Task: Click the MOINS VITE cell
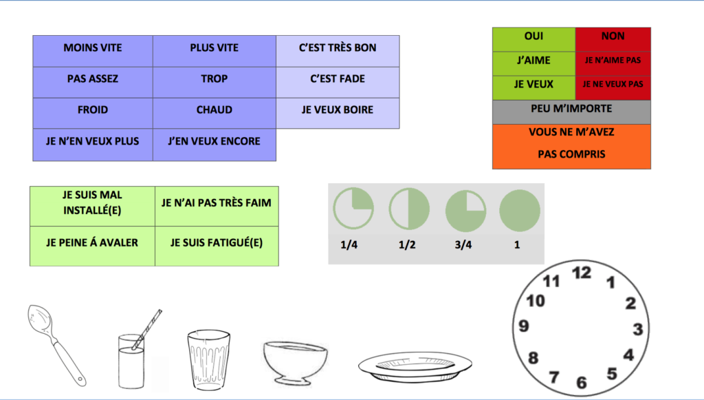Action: pyautogui.click(x=93, y=48)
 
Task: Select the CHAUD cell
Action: pyautogui.click(x=214, y=110)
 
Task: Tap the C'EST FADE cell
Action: pyautogui.click(x=338, y=79)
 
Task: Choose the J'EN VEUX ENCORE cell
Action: pyautogui.click(x=214, y=142)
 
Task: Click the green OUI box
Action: pyautogui.click(x=533, y=36)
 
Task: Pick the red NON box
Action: pyautogui.click(x=613, y=36)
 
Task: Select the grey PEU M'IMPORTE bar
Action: pyautogui.click(x=571, y=109)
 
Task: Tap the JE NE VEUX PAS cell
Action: pyautogui.click(x=613, y=84)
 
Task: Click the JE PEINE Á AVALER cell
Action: pyautogui.click(x=92, y=243)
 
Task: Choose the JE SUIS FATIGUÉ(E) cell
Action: pyautogui.click(x=217, y=243)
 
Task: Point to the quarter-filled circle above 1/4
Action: pyautogui.click(x=353, y=209)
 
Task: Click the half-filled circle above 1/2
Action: pyautogui.click(x=409, y=209)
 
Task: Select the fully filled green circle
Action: pyautogui.click(x=520, y=210)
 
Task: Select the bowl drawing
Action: pyautogui.click(x=294, y=360)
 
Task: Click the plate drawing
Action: pyautogui.click(x=415, y=365)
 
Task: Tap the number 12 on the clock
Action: pyautogui.click(x=582, y=273)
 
